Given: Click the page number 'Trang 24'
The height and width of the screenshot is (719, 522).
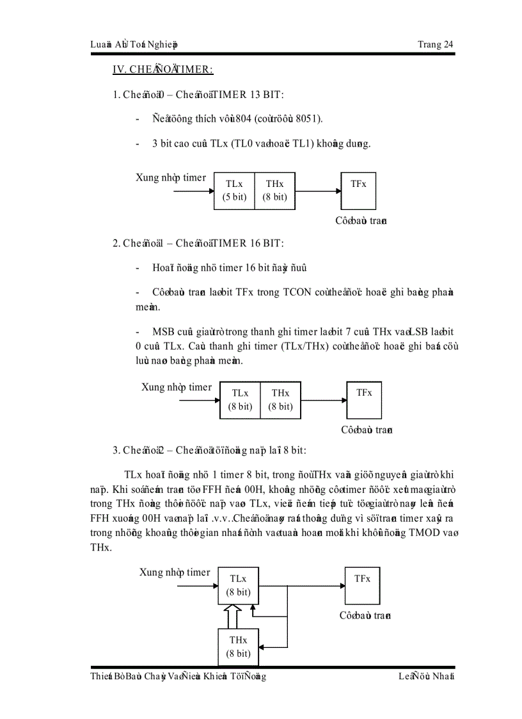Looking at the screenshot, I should (435, 44).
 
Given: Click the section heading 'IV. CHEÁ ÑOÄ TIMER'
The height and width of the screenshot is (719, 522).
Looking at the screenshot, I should (162, 70).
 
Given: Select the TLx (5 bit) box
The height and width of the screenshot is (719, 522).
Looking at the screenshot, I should (234, 191).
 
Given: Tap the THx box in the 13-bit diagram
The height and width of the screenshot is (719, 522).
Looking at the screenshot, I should (275, 191).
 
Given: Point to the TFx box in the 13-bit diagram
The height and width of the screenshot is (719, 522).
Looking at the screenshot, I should (358, 191).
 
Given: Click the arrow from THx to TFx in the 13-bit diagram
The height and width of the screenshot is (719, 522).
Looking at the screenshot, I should (318, 191).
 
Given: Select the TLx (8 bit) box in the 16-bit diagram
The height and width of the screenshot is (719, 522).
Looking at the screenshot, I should (240, 400).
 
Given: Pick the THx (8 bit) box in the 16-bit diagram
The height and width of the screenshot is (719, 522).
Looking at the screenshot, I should (280, 400).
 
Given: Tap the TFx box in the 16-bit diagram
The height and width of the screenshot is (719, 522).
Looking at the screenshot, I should (364, 400).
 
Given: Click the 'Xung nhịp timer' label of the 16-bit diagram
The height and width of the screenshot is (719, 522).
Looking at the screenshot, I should (176, 387).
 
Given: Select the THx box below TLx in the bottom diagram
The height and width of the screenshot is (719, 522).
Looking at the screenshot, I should (239, 647).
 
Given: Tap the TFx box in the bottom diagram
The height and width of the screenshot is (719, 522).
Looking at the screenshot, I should (362, 585).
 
